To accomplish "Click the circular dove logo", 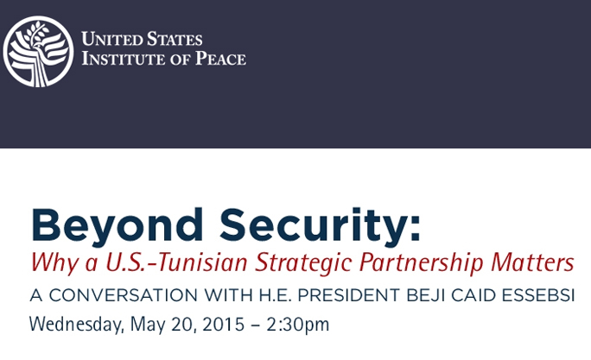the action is [38, 52].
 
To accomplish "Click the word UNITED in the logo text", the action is [112, 39].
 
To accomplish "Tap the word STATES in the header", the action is [175, 39].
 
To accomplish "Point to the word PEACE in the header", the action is [220, 59].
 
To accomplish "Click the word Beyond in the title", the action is [118, 226].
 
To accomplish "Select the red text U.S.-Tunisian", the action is [176, 262].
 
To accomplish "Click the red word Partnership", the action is [421, 262].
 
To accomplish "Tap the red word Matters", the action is [532, 262].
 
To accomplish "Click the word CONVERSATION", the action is [124, 295].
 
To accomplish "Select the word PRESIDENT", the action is [349, 295].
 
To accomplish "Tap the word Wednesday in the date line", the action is [77, 325].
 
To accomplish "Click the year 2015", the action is [224, 325].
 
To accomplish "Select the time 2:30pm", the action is [298, 325].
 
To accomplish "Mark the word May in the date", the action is [148, 325].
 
